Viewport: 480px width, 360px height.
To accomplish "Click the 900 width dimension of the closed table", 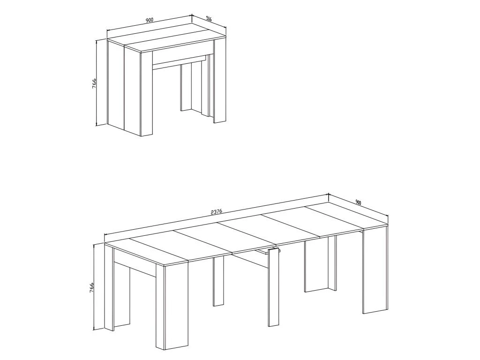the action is (x=149, y=20).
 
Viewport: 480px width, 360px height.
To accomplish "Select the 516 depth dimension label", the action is (x=209, y=19).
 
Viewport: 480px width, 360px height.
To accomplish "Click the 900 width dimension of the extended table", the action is (x=358, y=202).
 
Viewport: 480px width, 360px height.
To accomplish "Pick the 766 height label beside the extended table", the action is (x=91, y=288).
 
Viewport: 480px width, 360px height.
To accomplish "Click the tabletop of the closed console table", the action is (x=166, y=38).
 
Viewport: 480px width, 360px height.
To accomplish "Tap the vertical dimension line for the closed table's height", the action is (x=97, y=82).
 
